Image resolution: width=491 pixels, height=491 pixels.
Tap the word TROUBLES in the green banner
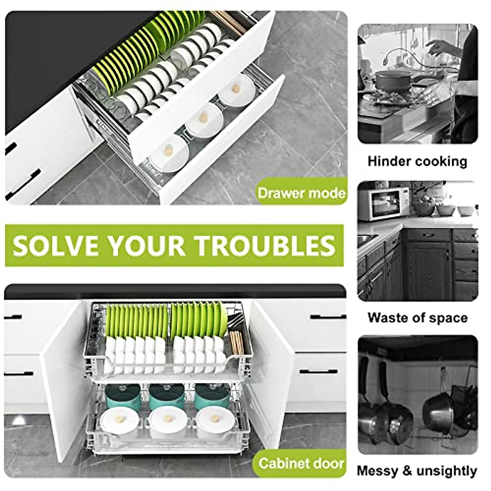pyautogui.click(x=265, y=245)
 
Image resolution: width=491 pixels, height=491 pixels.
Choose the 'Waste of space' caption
pyautogui.click(x=417, y=318)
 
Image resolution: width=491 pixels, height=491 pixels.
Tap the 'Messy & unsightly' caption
pyautogui.click(x=417, y=471)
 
